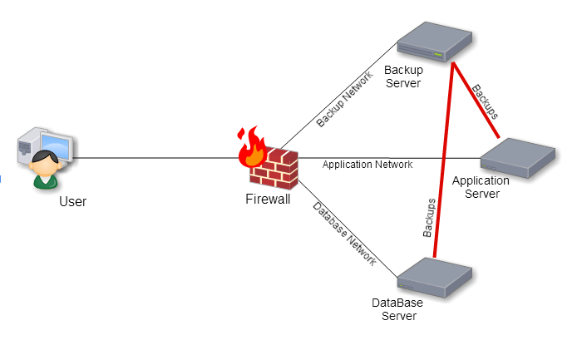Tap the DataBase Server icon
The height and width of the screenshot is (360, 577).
point(434,278)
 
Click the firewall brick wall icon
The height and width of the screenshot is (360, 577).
point(274,170)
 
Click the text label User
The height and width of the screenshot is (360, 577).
point(72,201)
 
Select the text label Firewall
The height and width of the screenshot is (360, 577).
point(268,199)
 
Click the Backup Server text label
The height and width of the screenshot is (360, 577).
point(403,76)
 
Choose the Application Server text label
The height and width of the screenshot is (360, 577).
point(480,187)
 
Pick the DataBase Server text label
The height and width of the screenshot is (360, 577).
point(397,309)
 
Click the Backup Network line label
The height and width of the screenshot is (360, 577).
point(344,104)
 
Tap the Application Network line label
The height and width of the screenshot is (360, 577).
point(367,165)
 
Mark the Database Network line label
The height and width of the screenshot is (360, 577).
point(344,234)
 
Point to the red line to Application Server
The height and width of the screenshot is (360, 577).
point(476,100)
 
